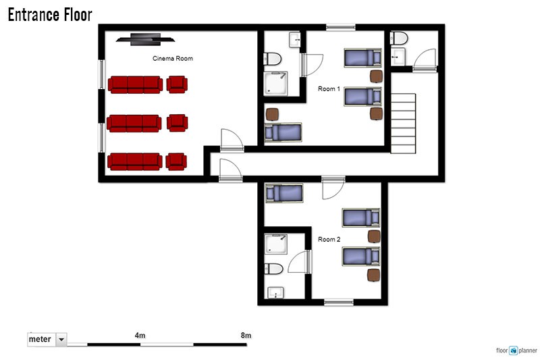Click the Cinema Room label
click(x=173, y=59)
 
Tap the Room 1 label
click(x=329, y=89)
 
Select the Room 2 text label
click(x=329, y=239)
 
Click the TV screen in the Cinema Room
click(x=145, y=39)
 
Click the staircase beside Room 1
click(x=403, y=124)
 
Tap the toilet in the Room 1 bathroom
click(x=273, y=59)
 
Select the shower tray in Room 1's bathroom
click(x=275, y=83)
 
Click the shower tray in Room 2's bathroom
click(x=276, y=245)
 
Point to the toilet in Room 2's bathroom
click(x=273, y=269)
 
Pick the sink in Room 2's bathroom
click(x=276, y=293)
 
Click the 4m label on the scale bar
click(x=140, y=335)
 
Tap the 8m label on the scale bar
click(x=246, y=335)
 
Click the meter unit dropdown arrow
click(x=61, y=339)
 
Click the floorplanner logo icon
click(x=514, y=351)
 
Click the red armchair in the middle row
click(x=178, y=123)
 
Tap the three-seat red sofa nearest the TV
click(x=136, y=84)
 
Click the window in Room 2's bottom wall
click(x=339, y=303)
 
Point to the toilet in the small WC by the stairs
click(x=399, y=38)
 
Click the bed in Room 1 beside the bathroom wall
click(x=283, y=132)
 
